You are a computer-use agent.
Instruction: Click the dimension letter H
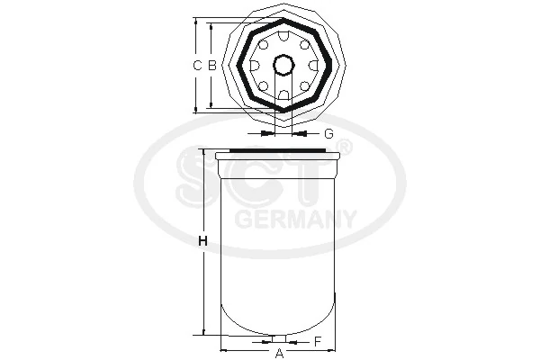(202, 241)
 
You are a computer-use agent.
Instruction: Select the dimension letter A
(279, 352)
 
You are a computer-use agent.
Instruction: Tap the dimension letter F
(318, 341)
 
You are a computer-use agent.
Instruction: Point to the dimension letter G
(328, 133)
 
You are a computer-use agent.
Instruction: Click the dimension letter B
(211, 65)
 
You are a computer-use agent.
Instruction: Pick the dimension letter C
(198, 65)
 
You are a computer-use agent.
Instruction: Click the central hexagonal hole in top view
(283, 65)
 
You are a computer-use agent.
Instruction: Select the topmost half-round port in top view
(283, 36)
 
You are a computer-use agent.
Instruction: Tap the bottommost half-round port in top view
(283, 94)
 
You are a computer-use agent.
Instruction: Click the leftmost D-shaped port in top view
(255, 65)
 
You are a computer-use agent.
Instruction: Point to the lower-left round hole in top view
(263, 85)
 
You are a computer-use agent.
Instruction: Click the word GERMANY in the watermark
(295, 218)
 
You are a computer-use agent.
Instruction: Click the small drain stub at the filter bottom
(279, 338)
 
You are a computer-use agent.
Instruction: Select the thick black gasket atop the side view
(279, 149)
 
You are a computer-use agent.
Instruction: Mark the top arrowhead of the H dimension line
(204, 153)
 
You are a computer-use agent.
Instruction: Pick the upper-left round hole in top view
(263, 44)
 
